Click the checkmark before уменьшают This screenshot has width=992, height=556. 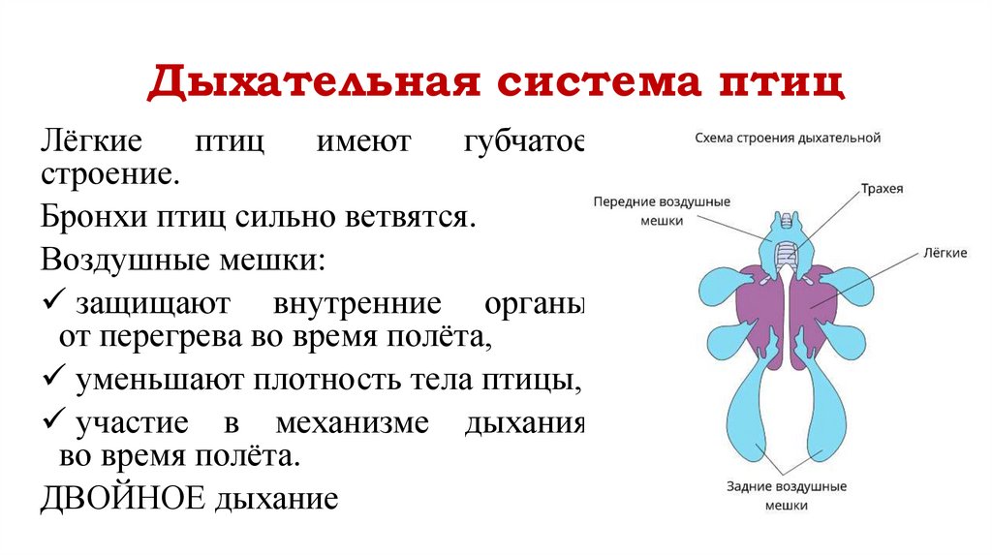[x=54, y=378]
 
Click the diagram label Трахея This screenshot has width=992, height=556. [x=882, y=189]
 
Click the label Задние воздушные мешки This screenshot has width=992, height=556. [x=786, y=495]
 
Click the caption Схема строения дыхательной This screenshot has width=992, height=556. [x=788, y=139]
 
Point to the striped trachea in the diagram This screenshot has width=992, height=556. [x=787, y=255]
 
